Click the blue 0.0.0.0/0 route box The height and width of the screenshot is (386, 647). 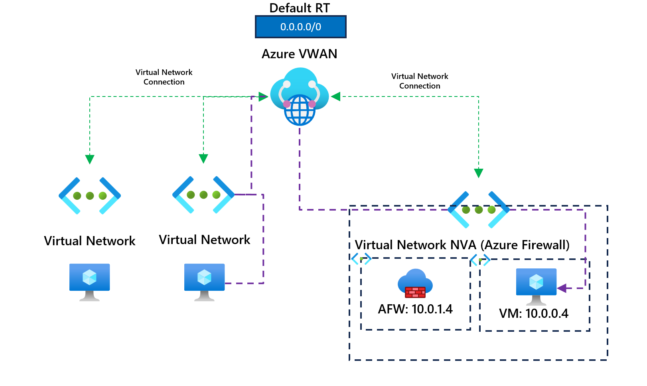[x=300, y=27]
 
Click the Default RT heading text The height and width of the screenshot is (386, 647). [x=300, y=8]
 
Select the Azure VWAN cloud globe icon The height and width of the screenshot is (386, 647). [x=300, y=97]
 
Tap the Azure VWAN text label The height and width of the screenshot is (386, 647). [x=299, y=54]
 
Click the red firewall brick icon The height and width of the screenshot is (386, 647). [x=415, y=292]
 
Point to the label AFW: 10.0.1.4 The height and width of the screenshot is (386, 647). [x=415, y=309]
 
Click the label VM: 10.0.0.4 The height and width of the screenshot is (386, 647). [x=533, y=313]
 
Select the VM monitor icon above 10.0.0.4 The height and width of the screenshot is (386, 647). [x=536, y=285]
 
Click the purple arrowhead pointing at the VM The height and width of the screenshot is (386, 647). [x=562, y=288]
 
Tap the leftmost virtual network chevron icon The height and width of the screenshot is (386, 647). [x=90, y=196]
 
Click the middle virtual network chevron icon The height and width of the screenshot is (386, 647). [x=203, y=195]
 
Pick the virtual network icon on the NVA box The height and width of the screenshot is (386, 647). [x=479, y=210]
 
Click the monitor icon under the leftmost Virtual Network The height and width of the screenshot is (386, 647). [x=89, y=281]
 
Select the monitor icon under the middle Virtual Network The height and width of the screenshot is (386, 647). [x=204, y=281]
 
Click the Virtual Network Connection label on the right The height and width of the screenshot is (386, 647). [x=420, y=81]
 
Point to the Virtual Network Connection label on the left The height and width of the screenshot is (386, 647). [x=164, y=77]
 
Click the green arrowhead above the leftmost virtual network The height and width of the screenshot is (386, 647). [x=90, y=159]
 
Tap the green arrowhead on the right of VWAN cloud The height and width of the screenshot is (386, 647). [x=336, y=96]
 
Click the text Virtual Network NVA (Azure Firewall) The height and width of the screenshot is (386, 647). [x=462, y=245]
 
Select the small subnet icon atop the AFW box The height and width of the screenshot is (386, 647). [x=361, y=259]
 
